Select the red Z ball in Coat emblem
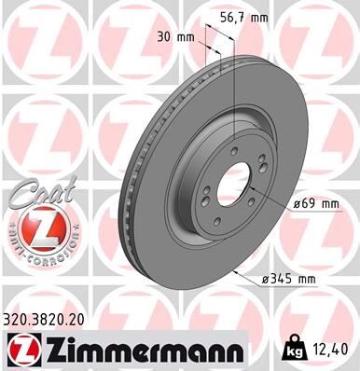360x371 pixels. (35, 227)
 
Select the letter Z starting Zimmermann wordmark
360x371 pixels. (58, 350)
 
